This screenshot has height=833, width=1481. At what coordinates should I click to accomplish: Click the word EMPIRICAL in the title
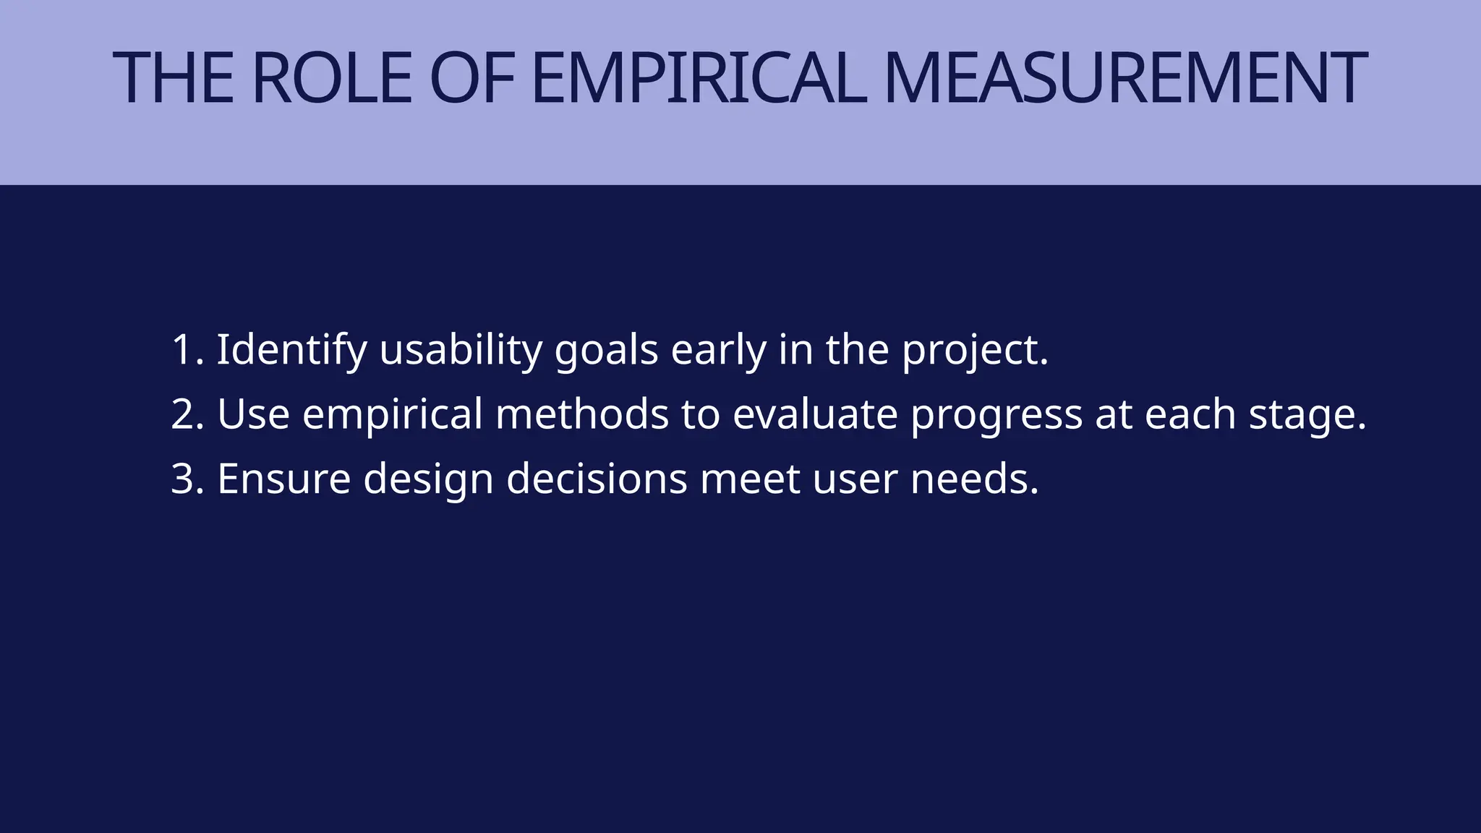(x=698, y=78)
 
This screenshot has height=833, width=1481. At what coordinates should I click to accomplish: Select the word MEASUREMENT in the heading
(x=1124, y=78)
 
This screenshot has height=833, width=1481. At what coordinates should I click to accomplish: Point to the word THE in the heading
(x=174, y=78)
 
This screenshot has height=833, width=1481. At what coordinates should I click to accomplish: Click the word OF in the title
(x=471, y=78)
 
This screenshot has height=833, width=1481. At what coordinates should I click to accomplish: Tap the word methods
(x=582, y=414)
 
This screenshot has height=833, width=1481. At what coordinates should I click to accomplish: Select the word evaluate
(x=815, y=414)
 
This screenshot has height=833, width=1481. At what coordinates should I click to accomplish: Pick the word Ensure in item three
(x=283, y=479)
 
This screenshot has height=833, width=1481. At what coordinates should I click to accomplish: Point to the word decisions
(x=597, y=479)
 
